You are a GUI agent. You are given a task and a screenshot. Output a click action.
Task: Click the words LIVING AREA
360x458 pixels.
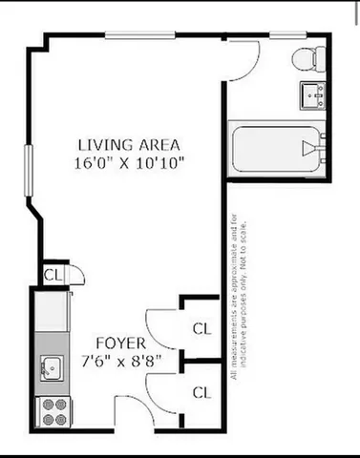point(130,145)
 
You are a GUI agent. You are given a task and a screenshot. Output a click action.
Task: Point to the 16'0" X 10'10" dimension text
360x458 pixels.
point(130,162)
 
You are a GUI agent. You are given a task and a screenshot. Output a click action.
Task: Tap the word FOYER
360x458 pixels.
point(120,343)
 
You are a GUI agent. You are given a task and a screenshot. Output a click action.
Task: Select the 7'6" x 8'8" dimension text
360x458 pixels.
point(120,361)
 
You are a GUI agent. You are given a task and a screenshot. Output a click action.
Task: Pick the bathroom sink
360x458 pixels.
point(311,94)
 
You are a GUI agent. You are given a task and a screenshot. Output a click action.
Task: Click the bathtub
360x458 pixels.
point(276,147)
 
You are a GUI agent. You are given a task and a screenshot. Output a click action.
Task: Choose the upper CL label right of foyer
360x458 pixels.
point(201,329)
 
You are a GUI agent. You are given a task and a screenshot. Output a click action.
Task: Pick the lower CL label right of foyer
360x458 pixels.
point(201,391)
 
